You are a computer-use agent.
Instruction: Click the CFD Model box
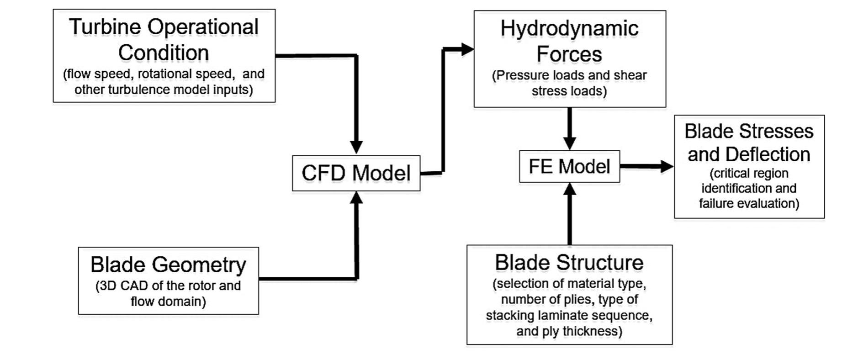pyautogui.click(x=356, y=173)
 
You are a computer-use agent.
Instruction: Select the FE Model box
pyautogui.click(x=569, y=166)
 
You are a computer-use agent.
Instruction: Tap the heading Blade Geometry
pyautogui.click(x=168, y=265)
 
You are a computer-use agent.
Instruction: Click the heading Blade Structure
pyautogui.click(x=569, y=263)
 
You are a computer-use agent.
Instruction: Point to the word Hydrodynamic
pyautogui.click(x=569, y=29)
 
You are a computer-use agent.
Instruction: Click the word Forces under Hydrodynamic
pyautogui.click(x=569, y=54)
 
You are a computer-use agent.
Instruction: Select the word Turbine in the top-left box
pyautogui.click(x=105, y=27)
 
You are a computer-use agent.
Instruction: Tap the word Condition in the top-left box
pyautogui.click(x=164, y=53)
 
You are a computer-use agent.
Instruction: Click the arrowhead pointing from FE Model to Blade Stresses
pyautogui.click(x=666, y=166)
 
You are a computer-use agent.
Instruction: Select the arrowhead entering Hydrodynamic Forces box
pyautogui.click(x=466, y=49)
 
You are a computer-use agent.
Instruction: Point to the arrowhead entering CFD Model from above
pyautogui.click(x=356, y=147)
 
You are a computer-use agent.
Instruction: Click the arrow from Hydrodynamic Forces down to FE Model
pyautogui.click(x=569, y=128)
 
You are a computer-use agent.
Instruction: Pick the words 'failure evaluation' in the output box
pyautogui.click(x=749, y=203)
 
